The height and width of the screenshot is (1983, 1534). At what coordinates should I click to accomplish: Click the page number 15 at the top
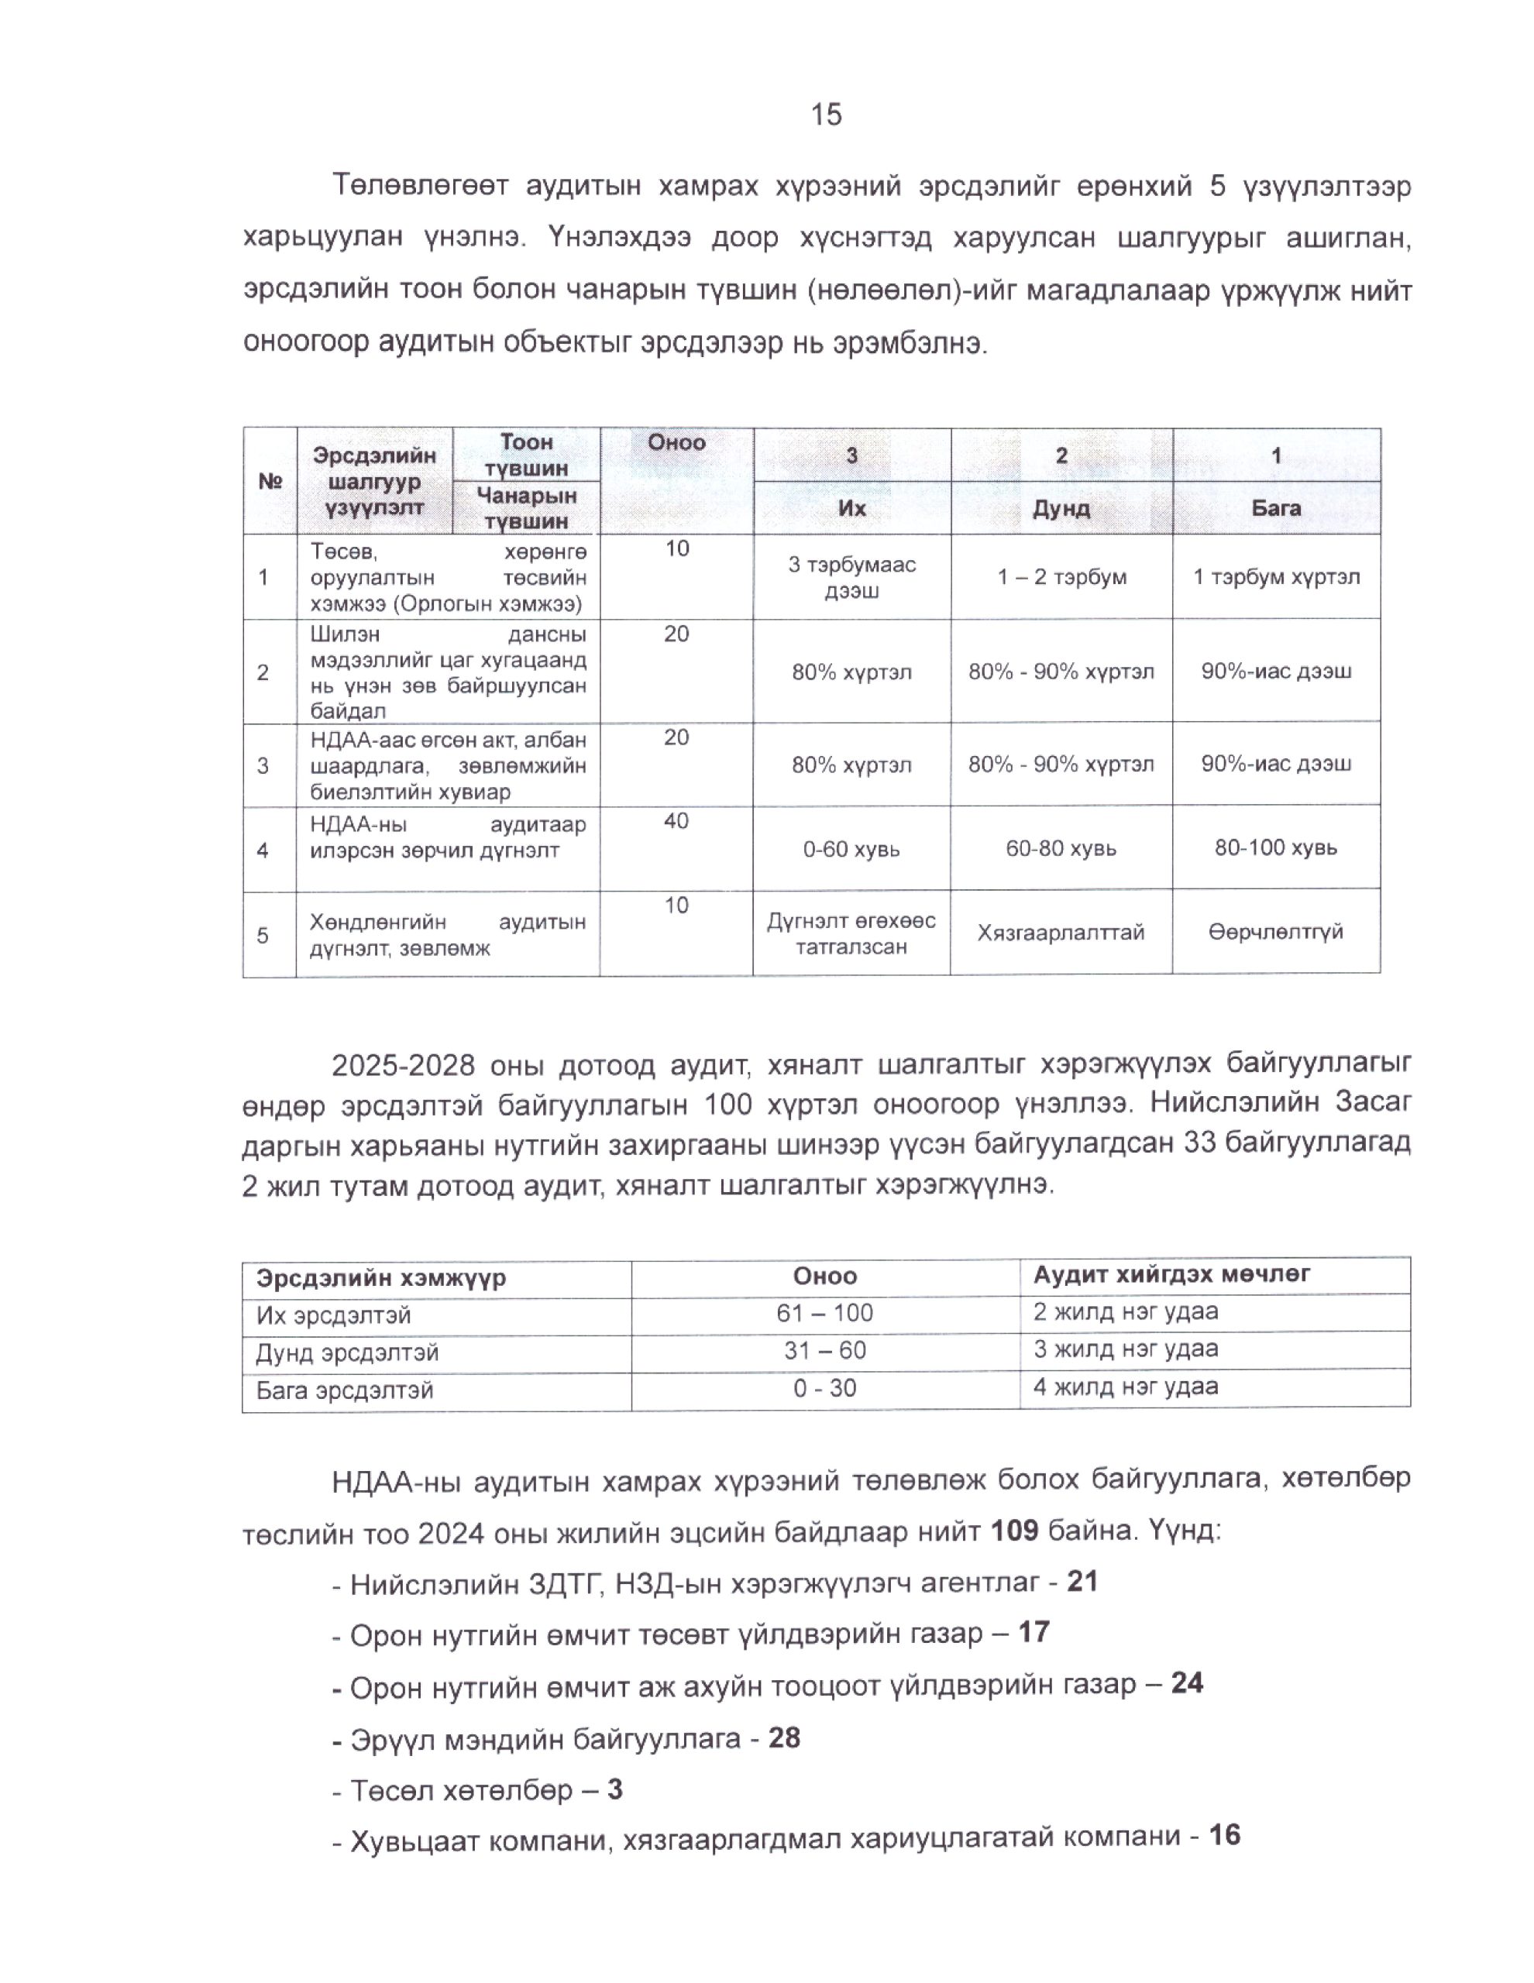click(826, 115)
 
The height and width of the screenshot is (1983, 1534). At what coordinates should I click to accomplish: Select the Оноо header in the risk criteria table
click(676, 442)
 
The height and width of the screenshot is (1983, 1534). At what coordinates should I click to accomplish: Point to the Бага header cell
click(1275, 507)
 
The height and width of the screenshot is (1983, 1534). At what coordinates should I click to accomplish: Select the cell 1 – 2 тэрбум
click(1061, 576)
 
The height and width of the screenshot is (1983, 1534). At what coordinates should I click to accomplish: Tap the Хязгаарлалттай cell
click(1060, 933)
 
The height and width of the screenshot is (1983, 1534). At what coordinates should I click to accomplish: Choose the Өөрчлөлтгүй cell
click(1275, 932)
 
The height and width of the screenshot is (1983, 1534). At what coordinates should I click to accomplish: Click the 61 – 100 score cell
click(824, 1313)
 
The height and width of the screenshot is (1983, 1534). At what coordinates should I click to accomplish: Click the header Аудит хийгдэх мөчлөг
click(1171, 1274)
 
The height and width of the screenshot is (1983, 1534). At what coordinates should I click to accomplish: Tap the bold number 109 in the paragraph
click(1013, 1530)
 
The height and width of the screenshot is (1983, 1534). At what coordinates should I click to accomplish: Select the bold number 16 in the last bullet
click(1224, 1835)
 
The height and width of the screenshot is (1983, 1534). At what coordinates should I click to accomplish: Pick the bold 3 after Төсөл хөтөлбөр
click(615, 1789)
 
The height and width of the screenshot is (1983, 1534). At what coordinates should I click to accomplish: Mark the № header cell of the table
click(270, 481)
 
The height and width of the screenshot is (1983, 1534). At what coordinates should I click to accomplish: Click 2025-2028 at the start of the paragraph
click(401, 1065)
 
